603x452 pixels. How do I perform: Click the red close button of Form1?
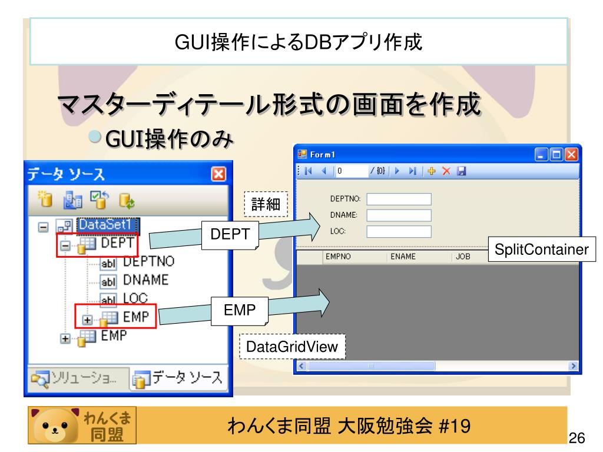point(571,155)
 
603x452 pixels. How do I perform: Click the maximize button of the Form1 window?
point(556,155)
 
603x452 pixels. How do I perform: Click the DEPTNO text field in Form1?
point(399,200)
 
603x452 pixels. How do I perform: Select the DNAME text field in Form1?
point(399,215)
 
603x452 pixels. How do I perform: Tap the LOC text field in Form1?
point(399,231)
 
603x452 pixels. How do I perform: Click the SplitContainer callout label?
point(541,250)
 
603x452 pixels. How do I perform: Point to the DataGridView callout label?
point(292,347)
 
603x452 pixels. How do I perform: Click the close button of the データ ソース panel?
point(218,174)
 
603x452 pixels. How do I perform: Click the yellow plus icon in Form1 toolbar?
point(432,171)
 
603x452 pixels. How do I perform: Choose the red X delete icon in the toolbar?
point(446,171)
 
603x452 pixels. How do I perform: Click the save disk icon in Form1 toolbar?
point(461,171)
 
